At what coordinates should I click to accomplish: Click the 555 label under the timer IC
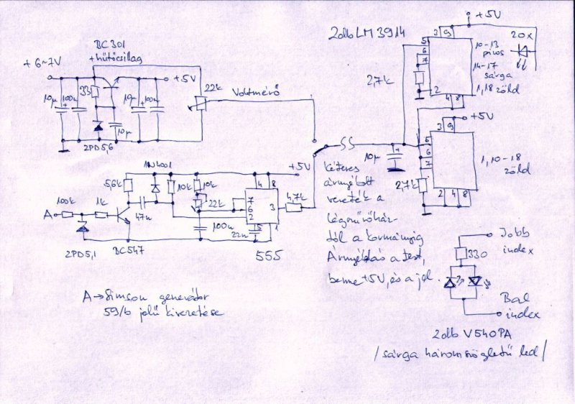(x=264, y=254)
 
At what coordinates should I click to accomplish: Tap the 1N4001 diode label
(x=157, y=165)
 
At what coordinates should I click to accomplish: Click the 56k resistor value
(x=114, y=183)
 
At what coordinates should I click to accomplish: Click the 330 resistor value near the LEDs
(x=477, y=254)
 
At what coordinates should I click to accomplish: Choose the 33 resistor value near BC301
(x=85, y=91)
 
